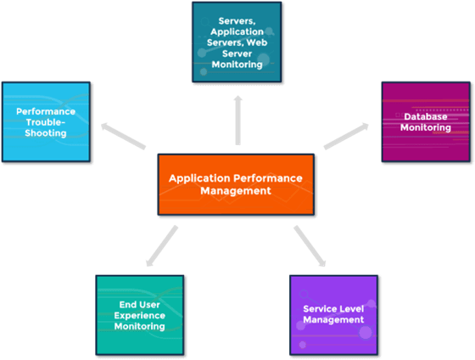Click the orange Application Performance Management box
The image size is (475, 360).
tap(236, 184)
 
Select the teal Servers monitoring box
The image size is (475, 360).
tap(237, 42)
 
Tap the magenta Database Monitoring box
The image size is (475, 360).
tap(426, 121)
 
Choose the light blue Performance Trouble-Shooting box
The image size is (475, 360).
tap(46, 121)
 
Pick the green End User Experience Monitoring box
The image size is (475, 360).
tap(140, 315)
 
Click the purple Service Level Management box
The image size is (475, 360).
tap(333, 315)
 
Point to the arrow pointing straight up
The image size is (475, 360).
tap(238, 120)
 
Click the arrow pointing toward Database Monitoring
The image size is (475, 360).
tap(346, 136)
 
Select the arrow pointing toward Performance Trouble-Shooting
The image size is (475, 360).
tap(123, 136)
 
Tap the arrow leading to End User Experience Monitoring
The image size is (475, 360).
tap(162, 246)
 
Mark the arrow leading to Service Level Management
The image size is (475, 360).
tap(310, 246)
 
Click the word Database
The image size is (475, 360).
tap(426, 117)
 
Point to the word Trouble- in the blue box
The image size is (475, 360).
tap(46, 122)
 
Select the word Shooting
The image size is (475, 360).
tap(46, 133)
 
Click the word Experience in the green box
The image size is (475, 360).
tap(140, 316)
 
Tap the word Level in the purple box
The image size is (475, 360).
tap(352, 309)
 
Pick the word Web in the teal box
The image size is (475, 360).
tap(257, 42)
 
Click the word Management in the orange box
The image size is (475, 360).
tap(236, 191)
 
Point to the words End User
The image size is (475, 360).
tap(140, 305)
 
